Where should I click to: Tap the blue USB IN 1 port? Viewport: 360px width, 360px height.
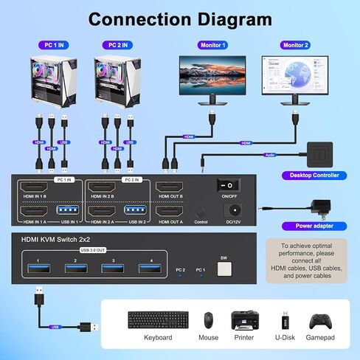[68, 211]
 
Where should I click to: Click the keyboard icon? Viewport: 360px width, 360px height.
[158, 320]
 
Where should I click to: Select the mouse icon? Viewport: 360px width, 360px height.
[209, 320]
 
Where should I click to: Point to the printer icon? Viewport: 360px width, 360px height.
[244, 319]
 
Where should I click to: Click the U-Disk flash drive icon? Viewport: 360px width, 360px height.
[285, 320]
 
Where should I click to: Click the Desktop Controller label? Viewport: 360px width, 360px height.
[310, 176]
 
